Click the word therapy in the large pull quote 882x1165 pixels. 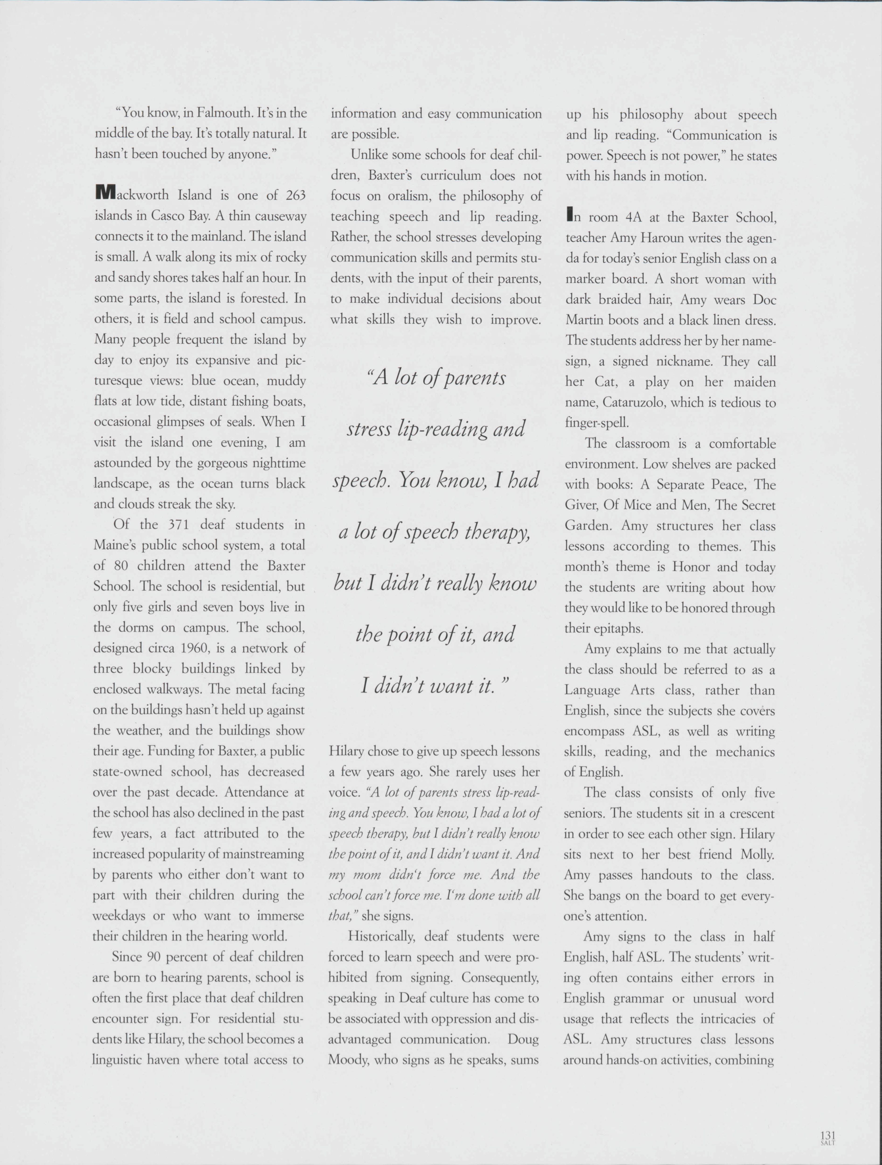(497, 532)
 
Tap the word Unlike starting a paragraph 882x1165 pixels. (369, 155)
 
